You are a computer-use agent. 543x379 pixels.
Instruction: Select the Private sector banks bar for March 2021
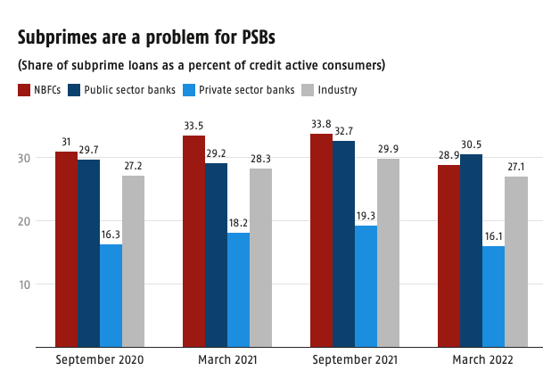(x=238, y=289)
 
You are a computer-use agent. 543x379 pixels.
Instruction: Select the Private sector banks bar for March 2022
(x=493, y=295)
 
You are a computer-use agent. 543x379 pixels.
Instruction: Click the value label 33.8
(x=321, y=125)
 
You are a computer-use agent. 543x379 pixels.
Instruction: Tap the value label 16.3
(x=111, y=235)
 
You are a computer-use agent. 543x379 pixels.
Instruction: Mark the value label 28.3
(x=260, y=160)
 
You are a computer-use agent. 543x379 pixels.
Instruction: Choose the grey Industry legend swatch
(x=307, y=90)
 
